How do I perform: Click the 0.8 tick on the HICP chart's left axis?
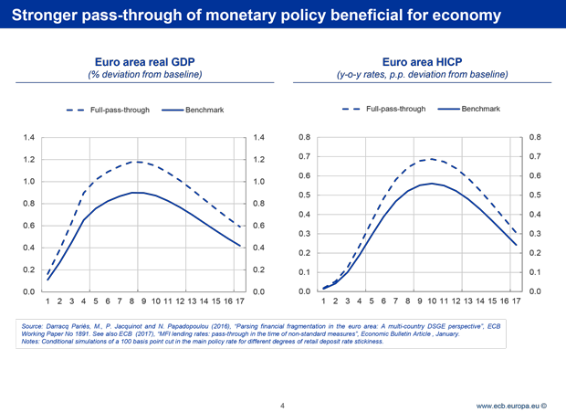pyautogui.click(x=306, y=137)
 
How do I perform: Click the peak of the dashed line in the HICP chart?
pyautogui.click(x=432, y=159)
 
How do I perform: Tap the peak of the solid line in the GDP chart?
pyautogui.click(x=137, y=193)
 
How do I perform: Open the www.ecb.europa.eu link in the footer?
pyautogui.click(x=510, y=404)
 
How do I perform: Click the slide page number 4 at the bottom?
pyautogui.click(x=284, y=403)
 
